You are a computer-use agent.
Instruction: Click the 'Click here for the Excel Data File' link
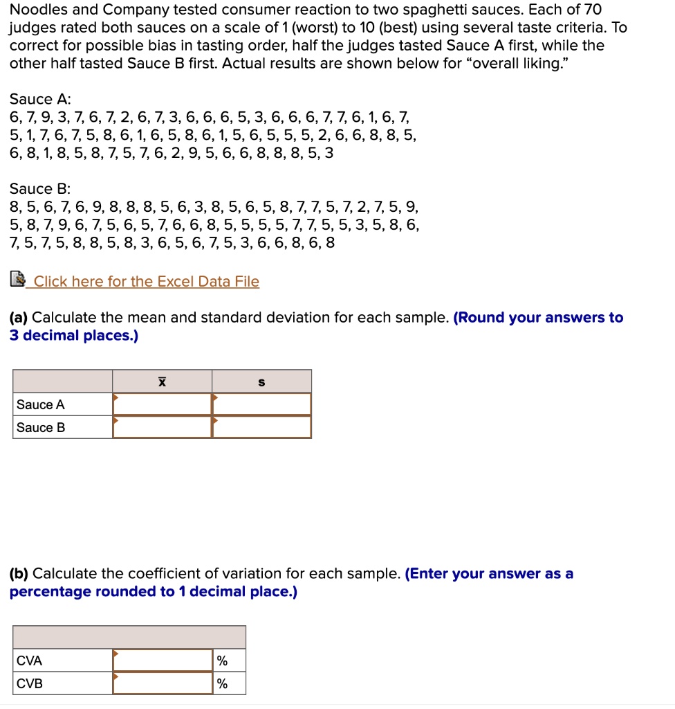146,282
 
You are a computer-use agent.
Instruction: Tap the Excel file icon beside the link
18,280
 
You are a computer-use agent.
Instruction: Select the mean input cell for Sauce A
162,404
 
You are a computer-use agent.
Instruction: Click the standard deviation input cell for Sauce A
261,404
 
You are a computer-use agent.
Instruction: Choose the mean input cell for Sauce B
162,427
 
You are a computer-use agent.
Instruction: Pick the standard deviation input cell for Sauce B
261,427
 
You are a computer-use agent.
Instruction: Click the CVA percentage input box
163,661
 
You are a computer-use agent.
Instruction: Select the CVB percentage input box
163,683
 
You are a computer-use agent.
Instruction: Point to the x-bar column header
162,382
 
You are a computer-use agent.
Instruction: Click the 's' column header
261,382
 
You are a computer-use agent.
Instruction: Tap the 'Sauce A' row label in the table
41,405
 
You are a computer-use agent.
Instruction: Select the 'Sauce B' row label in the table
41,428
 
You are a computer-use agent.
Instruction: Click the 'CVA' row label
30,661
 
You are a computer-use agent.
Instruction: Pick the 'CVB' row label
30,684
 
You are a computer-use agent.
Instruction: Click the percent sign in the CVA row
222,661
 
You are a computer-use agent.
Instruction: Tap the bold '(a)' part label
19,318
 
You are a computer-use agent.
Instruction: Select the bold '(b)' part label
19,574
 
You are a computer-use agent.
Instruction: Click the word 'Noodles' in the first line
36,10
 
